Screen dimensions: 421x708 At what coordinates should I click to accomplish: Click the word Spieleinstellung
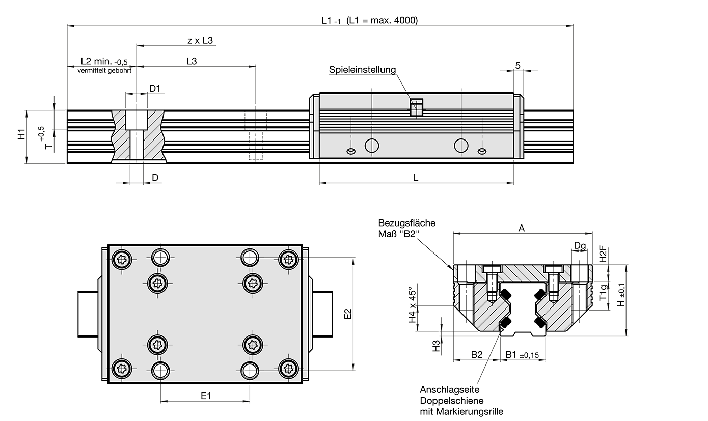tap(362, 70)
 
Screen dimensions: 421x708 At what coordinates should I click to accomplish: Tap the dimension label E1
tap(205, 396)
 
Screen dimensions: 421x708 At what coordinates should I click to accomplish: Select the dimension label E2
tap(348, 314)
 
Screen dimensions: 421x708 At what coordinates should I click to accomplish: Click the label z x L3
tap(200, 40)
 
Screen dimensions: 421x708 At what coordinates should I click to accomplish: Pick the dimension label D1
tap(155, 88)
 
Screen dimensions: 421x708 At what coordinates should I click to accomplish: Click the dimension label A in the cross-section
tap(521, 229)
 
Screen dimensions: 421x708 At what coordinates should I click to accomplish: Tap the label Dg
tap(580, 246)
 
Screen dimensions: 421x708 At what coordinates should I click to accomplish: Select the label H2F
tap(603, 254)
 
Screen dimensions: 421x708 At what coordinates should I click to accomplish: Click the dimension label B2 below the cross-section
tap(476, 354)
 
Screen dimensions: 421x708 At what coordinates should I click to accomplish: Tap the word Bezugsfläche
tap(406, 223)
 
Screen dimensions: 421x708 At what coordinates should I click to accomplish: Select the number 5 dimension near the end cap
tap(518, 65)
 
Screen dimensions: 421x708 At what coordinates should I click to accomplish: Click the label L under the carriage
tap(416, 178)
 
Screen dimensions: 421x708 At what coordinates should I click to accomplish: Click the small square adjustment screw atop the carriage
tap(417, 107)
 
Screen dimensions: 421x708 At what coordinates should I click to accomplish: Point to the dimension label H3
tap(436, 347)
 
